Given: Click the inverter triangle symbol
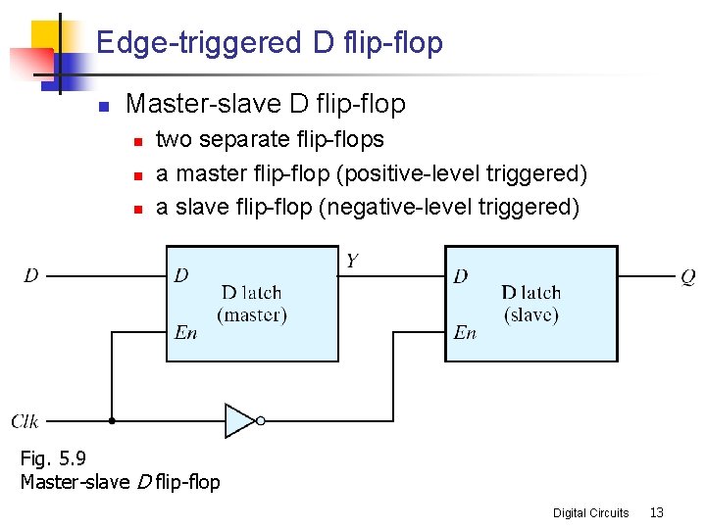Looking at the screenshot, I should (x=238, y=420).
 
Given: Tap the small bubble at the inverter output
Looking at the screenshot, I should (x=261, y=420).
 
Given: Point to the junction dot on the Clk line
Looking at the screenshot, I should (x=112, y=420).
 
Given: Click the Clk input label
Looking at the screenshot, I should (x=25, y=421).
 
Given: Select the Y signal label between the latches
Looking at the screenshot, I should (x=352, y=261).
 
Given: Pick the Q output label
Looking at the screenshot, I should (x=688, y=277).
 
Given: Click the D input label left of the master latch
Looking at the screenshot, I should (x=31, y=276).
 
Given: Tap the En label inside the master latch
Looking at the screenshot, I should (x=185, y=333).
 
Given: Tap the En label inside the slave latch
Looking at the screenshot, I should (x=465, y=333).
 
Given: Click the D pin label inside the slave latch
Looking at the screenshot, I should (x=461, y=277).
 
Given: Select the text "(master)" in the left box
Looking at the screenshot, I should (x=252, y=315).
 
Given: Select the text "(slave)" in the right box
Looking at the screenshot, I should (x=530, y=315).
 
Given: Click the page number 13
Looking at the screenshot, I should (x=657, y=512).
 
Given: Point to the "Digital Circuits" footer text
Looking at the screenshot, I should (x=590, y=512).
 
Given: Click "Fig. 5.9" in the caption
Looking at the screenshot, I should (x=47, y=458).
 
